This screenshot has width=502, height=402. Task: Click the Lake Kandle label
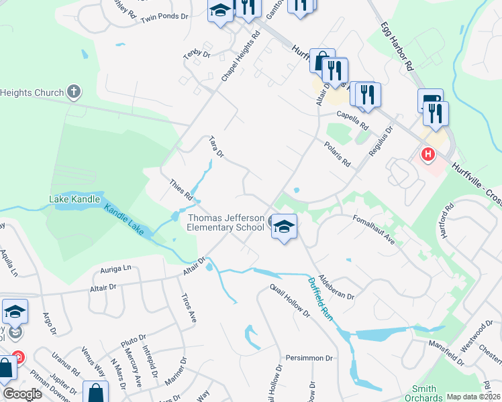coord(74,199)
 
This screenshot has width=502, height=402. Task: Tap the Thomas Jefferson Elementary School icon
coord(284,227)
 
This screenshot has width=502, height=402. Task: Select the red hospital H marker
coord(428,155)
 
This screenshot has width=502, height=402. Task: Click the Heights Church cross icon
coord(74,92)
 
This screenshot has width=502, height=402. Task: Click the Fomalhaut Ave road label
coord(374,230)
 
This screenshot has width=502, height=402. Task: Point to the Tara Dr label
coord(216,147)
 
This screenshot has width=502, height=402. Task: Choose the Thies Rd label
coord(182,190)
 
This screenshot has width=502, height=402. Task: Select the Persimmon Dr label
coord(309,358)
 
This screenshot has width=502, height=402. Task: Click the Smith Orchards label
coord(423,393)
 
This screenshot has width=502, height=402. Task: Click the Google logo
coord(22,394)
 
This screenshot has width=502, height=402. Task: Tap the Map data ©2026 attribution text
coord(473,397)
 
